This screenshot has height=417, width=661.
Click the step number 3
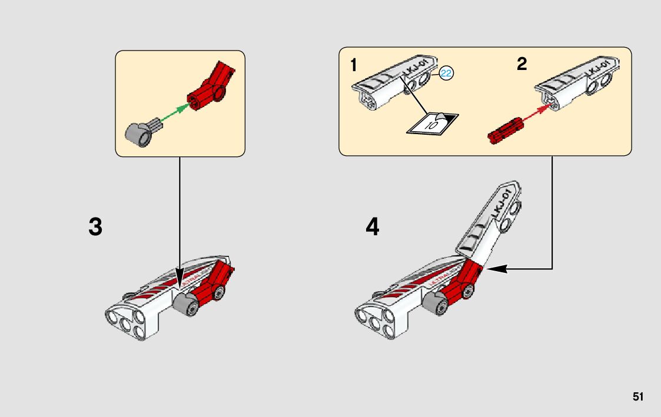coord(95,227)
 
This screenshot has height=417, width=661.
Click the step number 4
coord(372,227)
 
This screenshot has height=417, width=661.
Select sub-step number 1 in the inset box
coord(353,65)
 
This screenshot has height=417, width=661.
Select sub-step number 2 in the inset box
coord(522,64)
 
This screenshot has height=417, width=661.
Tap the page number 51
coord(638,397)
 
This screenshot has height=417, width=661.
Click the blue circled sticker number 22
coord(446,74)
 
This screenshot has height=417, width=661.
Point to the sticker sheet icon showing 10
coord(434,123)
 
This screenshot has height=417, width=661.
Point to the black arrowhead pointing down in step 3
coord(180,278)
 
